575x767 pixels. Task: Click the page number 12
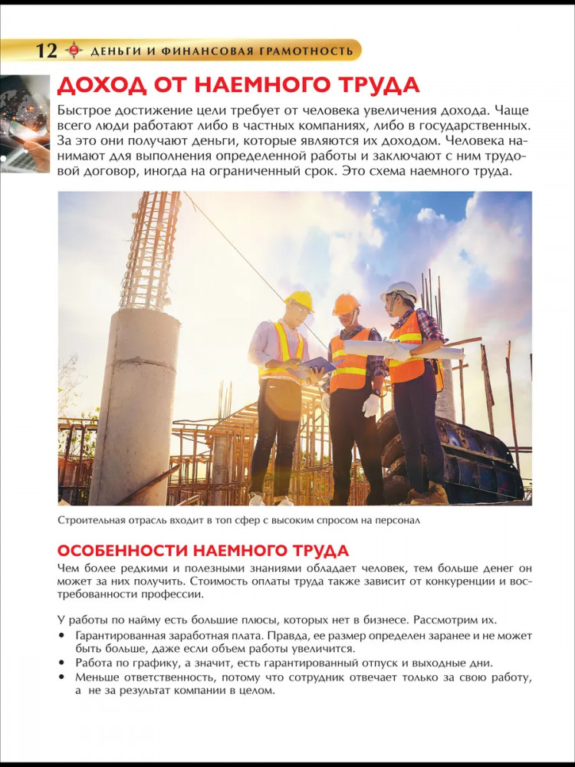(47, 51)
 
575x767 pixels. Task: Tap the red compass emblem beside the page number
(74, 51)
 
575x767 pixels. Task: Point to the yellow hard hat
(300, 299)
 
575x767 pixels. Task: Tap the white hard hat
(400, 291)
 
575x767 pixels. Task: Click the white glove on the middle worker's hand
(371, 405)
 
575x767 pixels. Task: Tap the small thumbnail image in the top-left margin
(25, 123)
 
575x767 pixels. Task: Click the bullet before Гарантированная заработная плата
(61, 637)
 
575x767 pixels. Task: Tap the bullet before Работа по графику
(61, 663)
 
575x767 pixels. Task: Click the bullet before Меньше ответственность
(61, 677)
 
